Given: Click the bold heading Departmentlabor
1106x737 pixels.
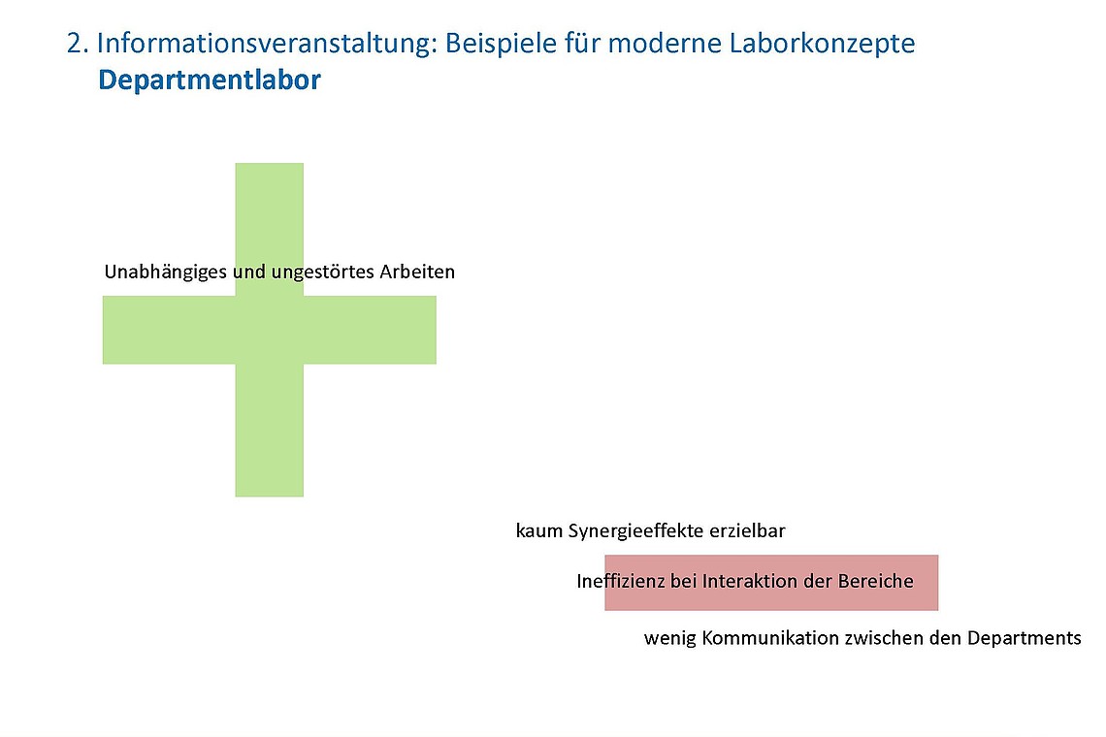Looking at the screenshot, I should point(209,80).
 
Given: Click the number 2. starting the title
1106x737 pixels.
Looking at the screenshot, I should point(78,44).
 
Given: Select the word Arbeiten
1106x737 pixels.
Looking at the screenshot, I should point(417,272).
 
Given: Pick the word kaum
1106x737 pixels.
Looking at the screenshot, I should point(537,531).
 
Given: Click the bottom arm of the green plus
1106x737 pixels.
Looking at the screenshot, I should point(269,432).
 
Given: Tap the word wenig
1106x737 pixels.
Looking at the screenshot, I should point(669,638).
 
